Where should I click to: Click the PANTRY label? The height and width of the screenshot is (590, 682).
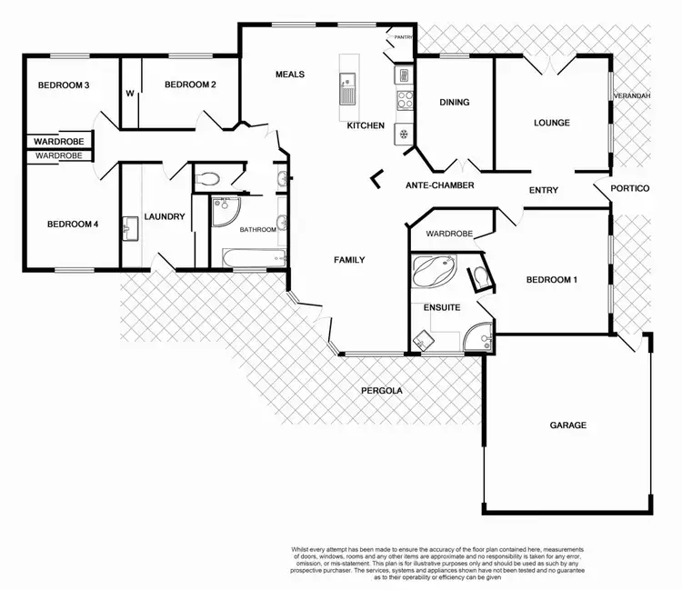point(404,37)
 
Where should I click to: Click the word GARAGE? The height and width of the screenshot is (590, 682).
point(567,425)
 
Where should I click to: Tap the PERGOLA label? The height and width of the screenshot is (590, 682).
point(380,391)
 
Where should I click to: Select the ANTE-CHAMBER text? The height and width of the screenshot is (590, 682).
point(440,185)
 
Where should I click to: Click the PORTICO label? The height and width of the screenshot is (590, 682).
point(630,189)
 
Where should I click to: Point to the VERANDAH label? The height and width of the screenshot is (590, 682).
point(631,95)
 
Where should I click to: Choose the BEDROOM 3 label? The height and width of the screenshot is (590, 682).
point(63,85)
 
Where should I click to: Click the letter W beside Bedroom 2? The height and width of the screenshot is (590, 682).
point(129,93)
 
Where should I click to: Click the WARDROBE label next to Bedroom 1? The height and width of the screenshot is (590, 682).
point(450,234)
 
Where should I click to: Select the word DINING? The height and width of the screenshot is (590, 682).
point(454,103)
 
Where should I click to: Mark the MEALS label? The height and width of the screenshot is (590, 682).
point(289,75)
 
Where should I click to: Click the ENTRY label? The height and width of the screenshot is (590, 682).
point(543,190)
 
